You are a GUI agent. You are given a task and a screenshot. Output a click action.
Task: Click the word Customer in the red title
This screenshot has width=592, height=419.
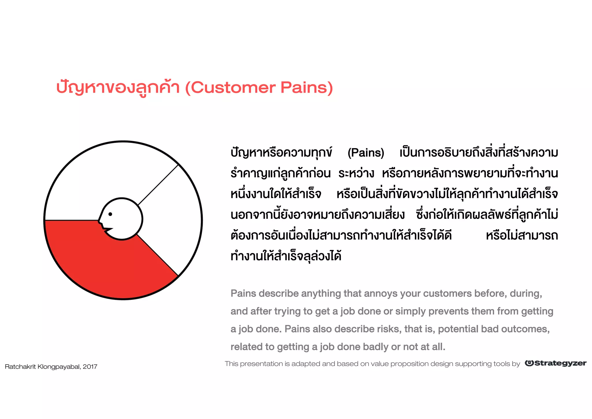pyautogui.click(x=233, y=88)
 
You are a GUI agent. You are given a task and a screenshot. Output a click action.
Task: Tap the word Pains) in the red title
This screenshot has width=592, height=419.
pyautogui.click(x=307, y=88)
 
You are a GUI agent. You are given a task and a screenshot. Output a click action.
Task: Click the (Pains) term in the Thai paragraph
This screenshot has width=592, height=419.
pyautogui.click(x=366, y=153)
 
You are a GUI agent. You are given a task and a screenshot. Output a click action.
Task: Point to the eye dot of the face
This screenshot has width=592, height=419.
pyautogui.click(x=110, y=214)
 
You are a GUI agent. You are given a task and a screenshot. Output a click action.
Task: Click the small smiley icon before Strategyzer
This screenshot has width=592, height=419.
pyautogui.click(x=529, y=363)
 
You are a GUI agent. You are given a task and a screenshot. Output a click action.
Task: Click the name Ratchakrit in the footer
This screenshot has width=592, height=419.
pyautogui.click(x=20, y=367)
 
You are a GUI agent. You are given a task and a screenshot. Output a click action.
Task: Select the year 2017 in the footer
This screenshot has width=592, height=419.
pyautogui.click(x=90, y=367)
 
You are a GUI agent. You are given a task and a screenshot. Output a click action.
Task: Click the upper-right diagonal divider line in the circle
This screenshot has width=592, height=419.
pyautogui.click(x=158, y=185)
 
